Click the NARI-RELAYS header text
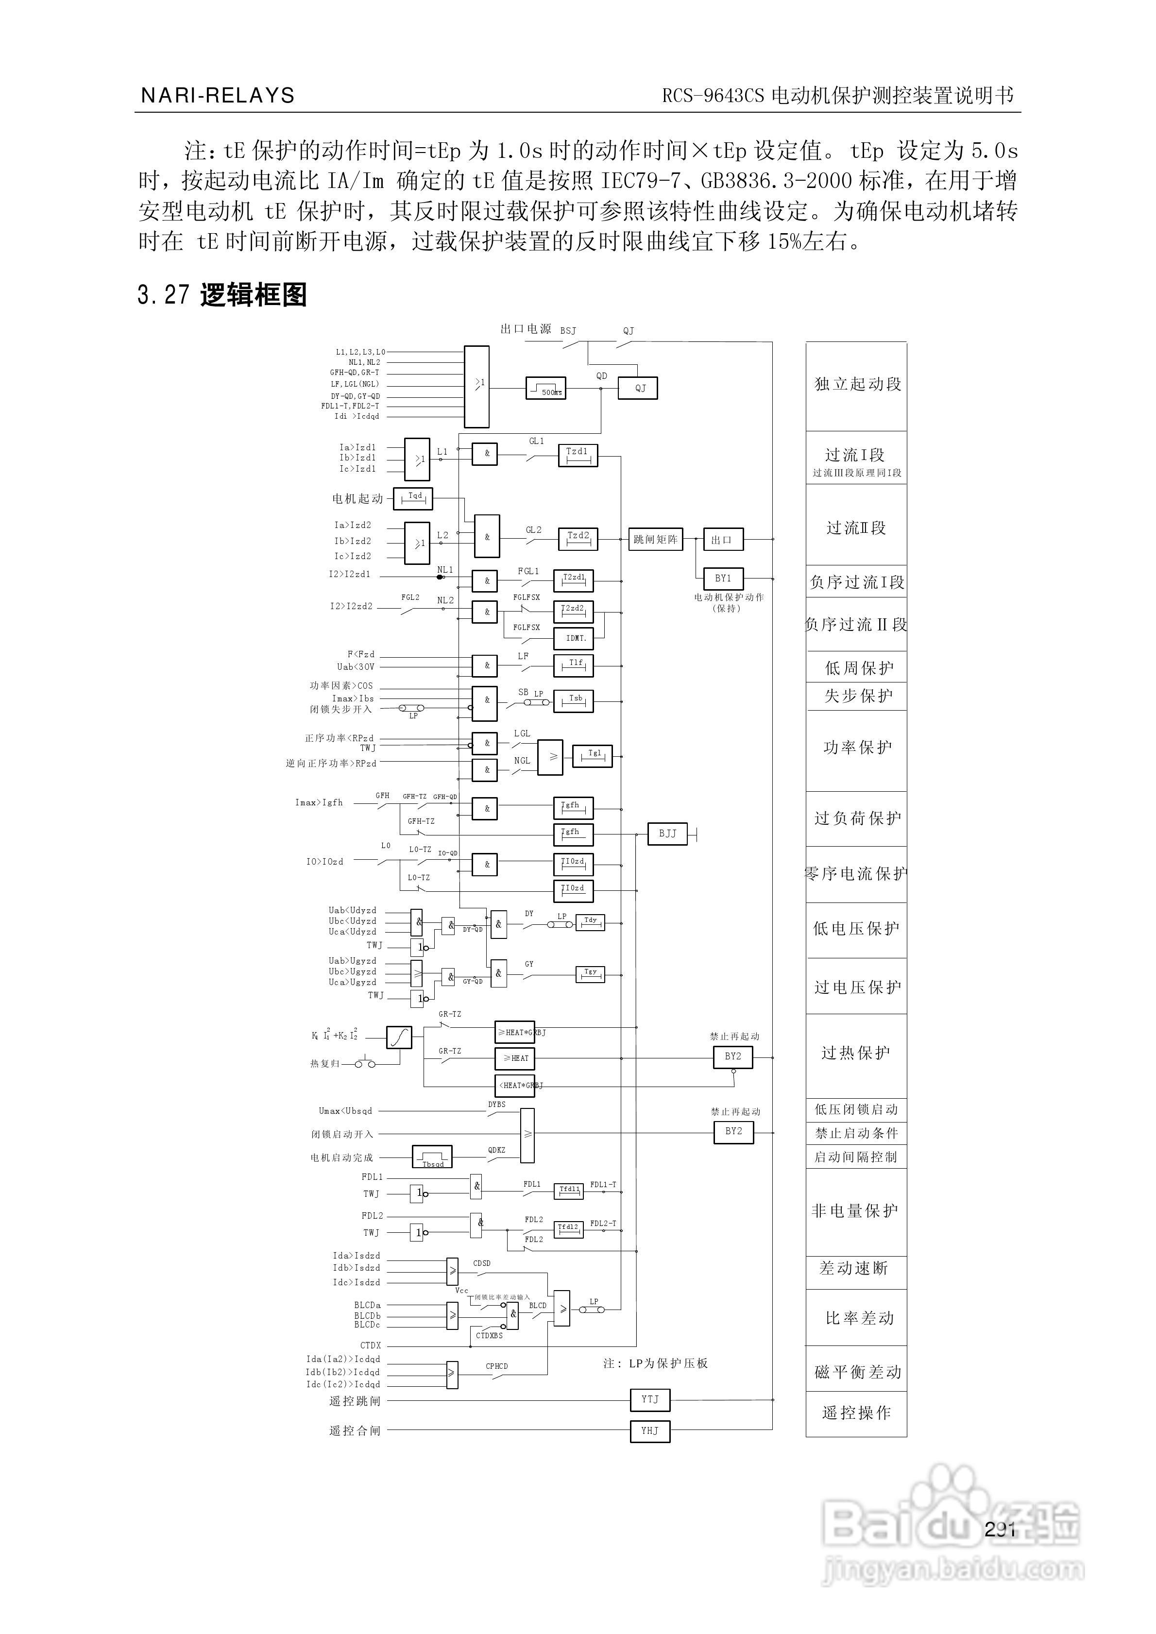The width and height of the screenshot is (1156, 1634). [x=218, y=95]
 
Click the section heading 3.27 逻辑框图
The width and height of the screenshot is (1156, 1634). [x=222, y=295]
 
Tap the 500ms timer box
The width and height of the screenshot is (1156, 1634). [x=545, y=388]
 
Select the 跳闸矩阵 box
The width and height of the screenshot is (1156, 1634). [x=655, y=540]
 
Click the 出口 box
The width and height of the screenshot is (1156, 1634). [x=723, y=540]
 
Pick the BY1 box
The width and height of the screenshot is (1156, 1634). [x=723, y=579]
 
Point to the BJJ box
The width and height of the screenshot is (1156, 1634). [x=668, y=834]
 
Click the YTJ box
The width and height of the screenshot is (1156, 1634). [x=650, y=1400]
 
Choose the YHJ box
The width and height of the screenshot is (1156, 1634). [x=650, y=1431]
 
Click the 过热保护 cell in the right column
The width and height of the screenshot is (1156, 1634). [x=856, y=1053]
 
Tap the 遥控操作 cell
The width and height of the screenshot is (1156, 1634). [x=856, y=1413]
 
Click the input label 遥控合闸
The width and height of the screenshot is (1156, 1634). [x=355, y=1431]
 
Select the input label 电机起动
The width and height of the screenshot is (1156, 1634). [x=357, y=499]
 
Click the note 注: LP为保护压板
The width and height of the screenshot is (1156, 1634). [x=655, y=1363]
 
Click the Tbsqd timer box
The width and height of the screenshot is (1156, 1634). [x=432, y=1157]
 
